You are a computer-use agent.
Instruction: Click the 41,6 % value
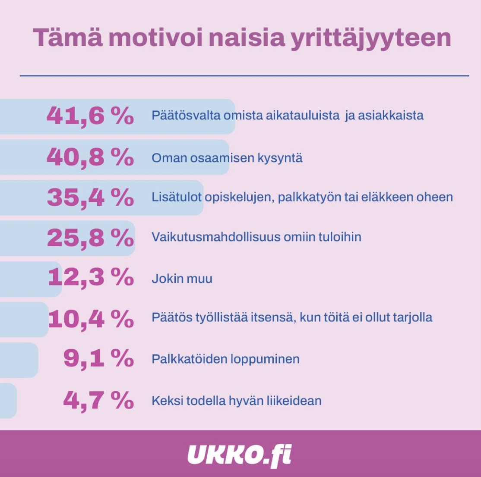pos(90,116)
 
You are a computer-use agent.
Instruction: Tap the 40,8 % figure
pos(90,157)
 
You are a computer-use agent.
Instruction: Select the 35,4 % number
pos(90,198)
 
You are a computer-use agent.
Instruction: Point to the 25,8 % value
pos(90,237)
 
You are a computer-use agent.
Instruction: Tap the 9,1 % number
pos(98,359)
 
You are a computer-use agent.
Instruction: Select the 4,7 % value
pos(98,400)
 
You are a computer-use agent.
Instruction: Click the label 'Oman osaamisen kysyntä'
pos(227,158)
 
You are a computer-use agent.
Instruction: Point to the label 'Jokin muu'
pos(182,279)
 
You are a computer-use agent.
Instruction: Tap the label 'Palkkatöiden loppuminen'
pos(225,359)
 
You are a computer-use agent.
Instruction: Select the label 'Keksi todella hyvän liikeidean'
pos(236,401)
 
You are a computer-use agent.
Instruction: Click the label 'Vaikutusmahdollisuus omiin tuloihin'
pos(256,237)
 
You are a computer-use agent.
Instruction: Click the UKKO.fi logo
pos(240,455)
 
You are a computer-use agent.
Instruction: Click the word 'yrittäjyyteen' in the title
pos(371,39)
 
